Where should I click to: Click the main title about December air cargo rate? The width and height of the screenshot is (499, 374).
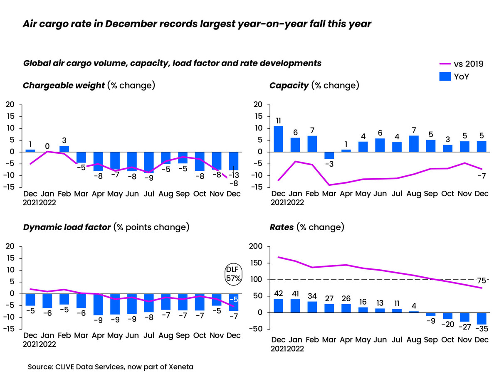[x=196, y=25]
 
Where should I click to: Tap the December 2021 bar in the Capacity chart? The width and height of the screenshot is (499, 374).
[x=278, y=139]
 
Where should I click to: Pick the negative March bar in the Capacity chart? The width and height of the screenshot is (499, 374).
[x=329, y=155]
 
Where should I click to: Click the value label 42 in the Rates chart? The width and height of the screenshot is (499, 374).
[x=278, y=293]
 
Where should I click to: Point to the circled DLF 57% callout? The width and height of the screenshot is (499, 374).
[x=233, y=274]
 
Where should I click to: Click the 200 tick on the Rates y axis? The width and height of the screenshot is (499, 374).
[x=256, y=247]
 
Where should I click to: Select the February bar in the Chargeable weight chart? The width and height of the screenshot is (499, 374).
[x=64, y=149]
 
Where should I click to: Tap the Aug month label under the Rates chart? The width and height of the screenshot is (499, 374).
[x=414, y=340]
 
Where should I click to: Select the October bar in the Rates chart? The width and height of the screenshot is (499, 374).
[x=448, y=316]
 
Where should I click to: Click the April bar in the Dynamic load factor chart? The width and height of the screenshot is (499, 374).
[x=98, y=304]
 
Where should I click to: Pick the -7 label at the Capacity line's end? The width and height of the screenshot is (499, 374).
[x=481, y=176]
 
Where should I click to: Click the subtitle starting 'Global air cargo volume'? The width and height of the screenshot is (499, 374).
[x=172, y=63]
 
